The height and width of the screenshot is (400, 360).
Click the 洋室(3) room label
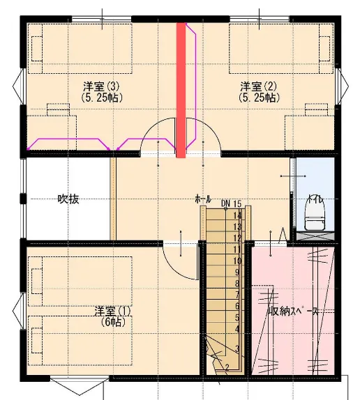pos(101,86)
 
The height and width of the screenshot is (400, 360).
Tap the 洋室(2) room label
pos(258,86)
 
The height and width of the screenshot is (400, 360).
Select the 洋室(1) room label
pos(112,311)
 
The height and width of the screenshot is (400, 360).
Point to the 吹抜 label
pos(68,199)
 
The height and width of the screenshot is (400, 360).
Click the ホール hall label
pos(203,199)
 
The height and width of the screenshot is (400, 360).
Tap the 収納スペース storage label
pos(293,311)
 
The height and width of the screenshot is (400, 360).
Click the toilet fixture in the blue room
pos(315,216)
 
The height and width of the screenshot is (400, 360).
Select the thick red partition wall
pos(181,91)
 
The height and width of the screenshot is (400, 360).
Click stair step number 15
pos(237,203)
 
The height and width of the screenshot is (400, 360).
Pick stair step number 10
pos(237,261)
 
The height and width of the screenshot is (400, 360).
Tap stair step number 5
pos(237,318)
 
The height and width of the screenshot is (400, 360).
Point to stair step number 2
pos(227,367)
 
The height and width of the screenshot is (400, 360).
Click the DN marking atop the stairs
pos(226,203)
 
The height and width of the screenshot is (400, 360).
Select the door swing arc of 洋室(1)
pos(174,268)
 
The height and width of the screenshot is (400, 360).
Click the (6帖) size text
pos(113,323)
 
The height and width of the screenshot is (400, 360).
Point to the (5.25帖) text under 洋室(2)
pos(259,98)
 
